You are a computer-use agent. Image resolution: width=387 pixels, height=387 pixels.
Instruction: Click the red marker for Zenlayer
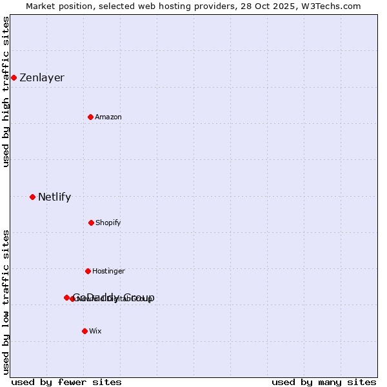(x=14, y=77)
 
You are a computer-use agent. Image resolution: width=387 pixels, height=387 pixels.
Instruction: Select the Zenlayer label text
(x=42, y=78)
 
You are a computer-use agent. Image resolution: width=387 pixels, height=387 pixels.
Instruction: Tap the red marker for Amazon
(x=90, y=117)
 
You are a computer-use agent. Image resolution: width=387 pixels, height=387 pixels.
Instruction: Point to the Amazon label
(x=108, y=117)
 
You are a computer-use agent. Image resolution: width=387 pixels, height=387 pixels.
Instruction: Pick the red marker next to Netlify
(x=32, y=197)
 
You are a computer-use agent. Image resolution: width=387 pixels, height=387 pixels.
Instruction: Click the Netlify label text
(x=54, y=197)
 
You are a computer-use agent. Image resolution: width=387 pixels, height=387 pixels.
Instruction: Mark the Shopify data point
(x=91, y=223)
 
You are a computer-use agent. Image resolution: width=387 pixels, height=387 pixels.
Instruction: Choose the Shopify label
(x=108, y=223)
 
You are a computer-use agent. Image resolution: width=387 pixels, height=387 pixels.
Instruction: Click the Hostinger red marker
(x=88, y=271)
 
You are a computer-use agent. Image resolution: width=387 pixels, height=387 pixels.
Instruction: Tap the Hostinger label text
(x=108, y=272)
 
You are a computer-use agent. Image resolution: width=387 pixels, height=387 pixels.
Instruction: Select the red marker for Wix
(x=84, y=331)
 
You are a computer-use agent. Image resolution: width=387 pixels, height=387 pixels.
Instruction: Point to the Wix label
(x=95, y=332)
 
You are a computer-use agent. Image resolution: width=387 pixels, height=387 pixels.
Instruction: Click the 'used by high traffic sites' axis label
(x=6, y=92)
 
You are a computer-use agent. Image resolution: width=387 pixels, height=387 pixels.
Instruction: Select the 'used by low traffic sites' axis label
(x=6, y=302)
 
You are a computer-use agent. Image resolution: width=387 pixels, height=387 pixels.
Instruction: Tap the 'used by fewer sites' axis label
(x=66, y=382)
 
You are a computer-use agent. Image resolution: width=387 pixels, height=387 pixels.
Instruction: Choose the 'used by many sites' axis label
(x=324, y=382)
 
